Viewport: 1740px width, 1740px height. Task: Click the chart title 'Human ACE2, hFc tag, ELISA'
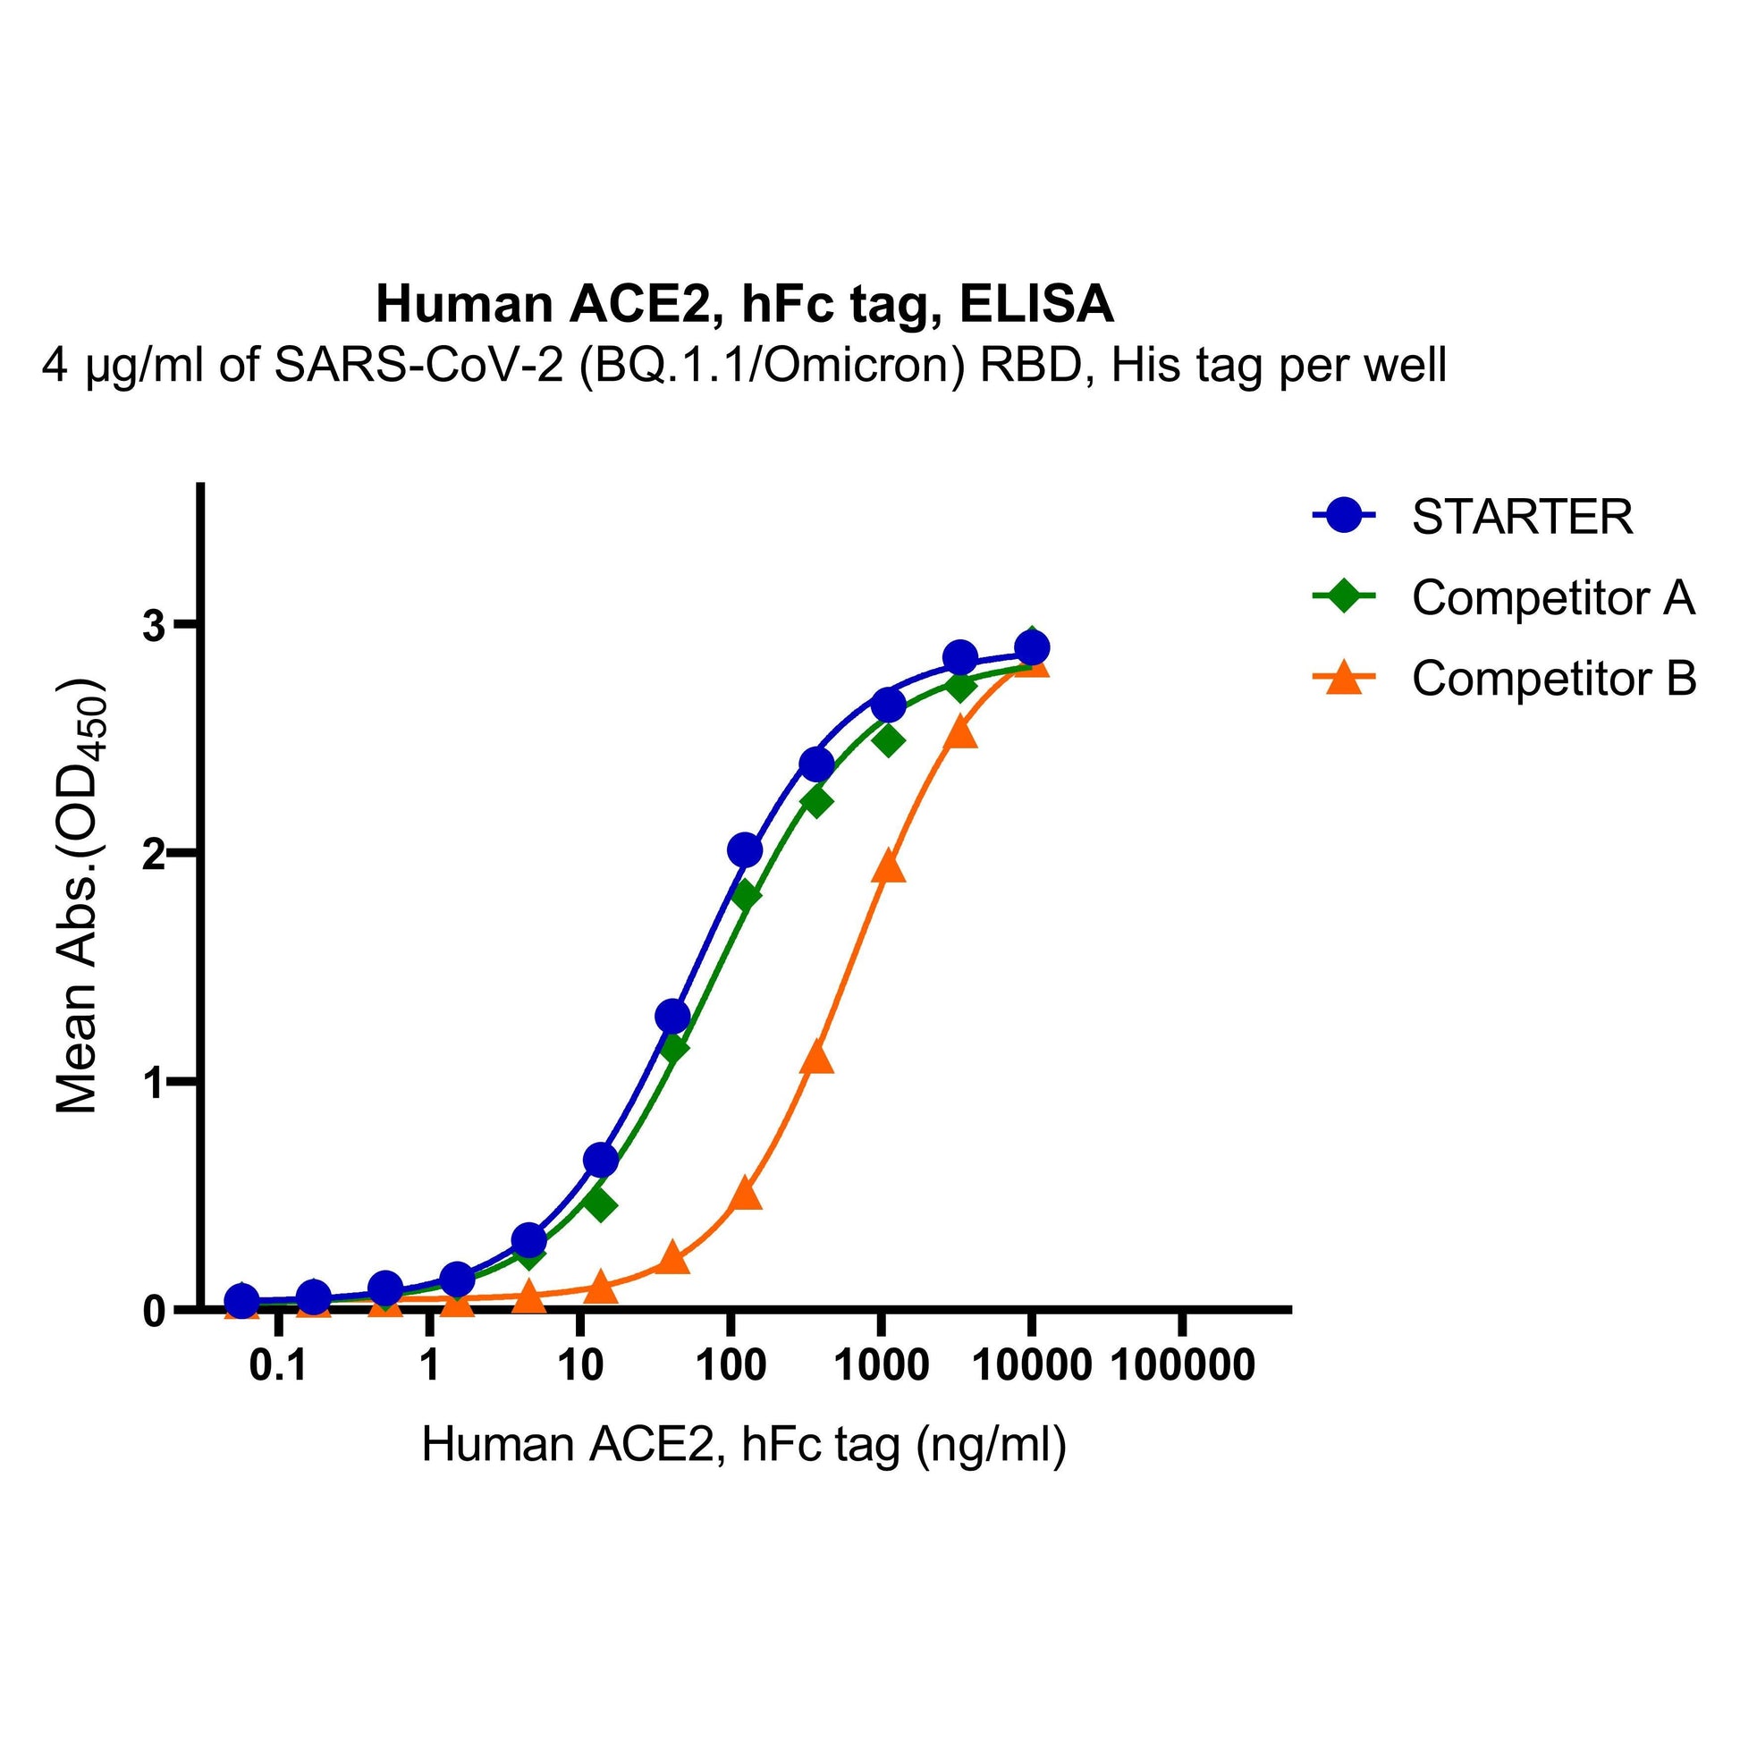pos(745,304)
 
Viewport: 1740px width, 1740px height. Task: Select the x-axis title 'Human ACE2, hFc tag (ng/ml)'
pos(744,1445)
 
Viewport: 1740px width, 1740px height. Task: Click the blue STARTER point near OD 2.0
pos(745,849)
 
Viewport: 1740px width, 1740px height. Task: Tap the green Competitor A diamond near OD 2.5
pos(889,742)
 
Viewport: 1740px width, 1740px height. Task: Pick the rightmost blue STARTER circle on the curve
pos(1032,647)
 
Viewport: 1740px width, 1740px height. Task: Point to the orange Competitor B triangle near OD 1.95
pos(889,865)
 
